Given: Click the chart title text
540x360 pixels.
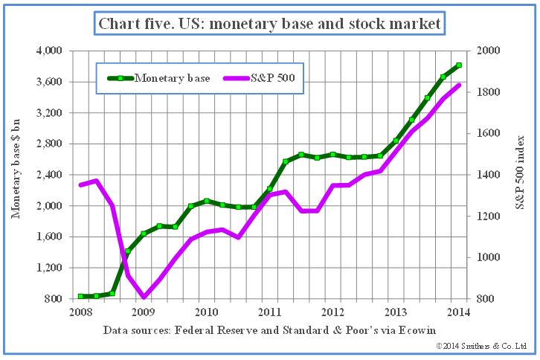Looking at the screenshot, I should pos(269,24).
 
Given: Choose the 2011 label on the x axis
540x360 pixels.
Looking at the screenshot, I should pos(269,312).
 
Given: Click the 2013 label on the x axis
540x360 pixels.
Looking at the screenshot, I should pos(396,312).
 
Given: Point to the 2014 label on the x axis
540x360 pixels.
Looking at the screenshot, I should pos(459,312).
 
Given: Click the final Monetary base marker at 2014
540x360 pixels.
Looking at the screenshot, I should pos(459,65).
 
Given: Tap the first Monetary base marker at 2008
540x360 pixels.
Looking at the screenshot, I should pos(80,296).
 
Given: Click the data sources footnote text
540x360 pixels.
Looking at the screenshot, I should pos(269,330).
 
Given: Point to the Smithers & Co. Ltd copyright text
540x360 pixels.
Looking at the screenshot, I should pos(481,347).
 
